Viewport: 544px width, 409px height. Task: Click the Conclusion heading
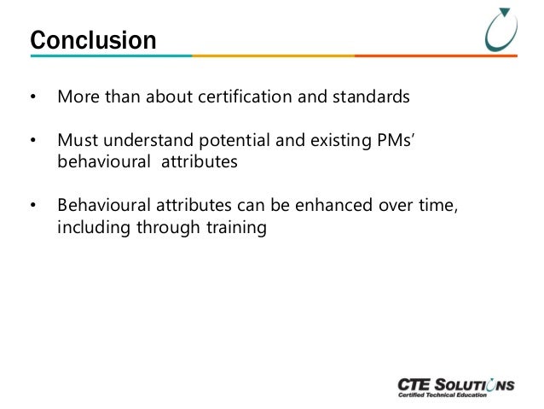tap(93, 40)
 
